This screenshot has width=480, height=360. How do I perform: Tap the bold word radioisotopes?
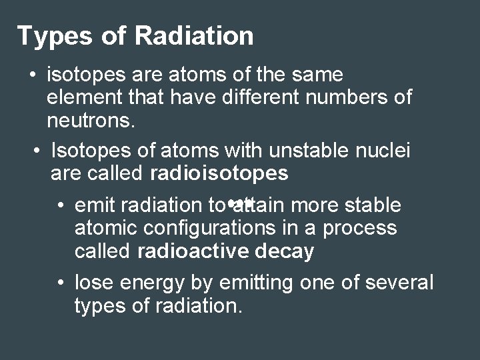click(x=219, y=174)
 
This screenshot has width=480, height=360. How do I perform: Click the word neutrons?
click(x=90, y=122)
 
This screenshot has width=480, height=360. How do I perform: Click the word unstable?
click(x=295, y=151)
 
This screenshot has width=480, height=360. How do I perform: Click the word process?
click(x=359, y=228)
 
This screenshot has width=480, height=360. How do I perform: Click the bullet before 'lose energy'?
click(x=61, y=283)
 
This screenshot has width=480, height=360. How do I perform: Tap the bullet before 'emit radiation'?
click(x=61, y=205)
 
